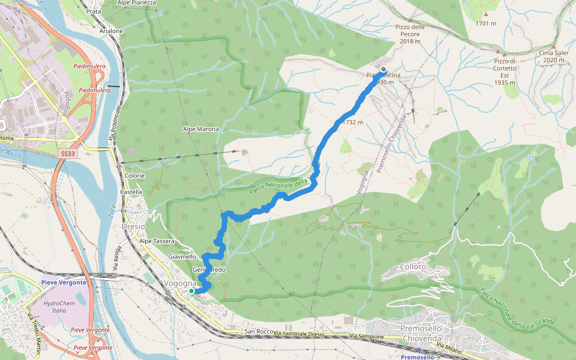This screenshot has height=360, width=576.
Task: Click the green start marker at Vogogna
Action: [191, 291]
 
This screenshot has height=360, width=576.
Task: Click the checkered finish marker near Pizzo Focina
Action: [383, 68]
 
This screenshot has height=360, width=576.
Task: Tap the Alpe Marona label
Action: [201, 129]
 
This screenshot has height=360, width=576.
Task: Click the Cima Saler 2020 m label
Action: [553, 57]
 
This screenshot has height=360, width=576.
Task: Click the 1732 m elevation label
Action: [353, 122]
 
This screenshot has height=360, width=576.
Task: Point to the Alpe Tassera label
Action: [157, 241]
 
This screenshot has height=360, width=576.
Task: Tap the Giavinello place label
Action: [182, 256]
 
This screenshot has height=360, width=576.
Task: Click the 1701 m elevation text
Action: [485, 23]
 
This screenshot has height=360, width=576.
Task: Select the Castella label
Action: [131, 192]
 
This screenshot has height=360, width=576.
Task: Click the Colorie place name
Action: [134, 175]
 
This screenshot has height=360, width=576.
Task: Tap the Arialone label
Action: [111, 31]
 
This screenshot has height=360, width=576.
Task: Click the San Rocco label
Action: [259, 332]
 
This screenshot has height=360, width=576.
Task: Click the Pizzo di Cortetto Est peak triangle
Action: [505, 55]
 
